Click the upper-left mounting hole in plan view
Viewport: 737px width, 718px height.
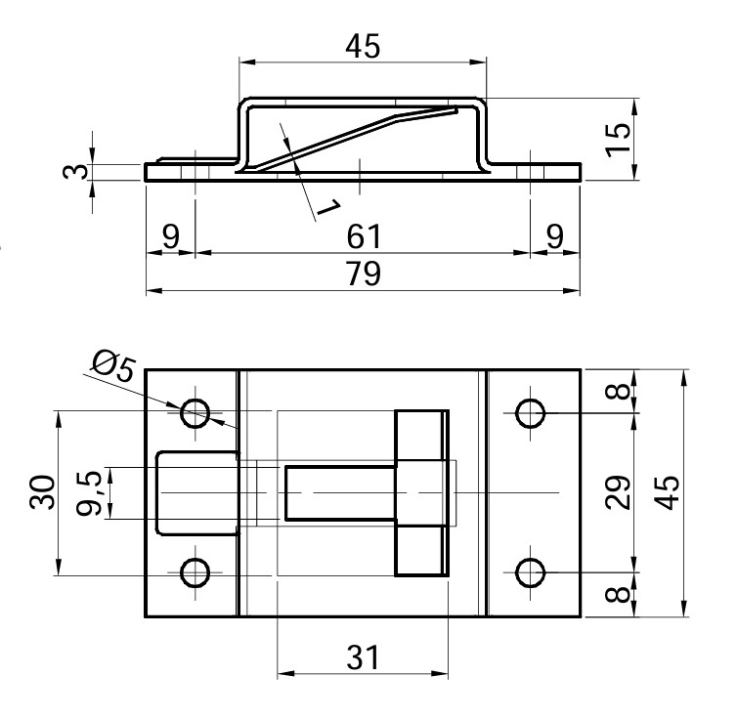tap(195, 412)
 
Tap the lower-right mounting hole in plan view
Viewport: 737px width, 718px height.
tap(531, 572)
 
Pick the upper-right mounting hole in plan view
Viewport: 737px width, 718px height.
tap(531, 412)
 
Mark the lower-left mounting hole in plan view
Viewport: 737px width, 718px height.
tap(195, 572)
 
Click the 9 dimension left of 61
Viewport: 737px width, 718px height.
tap(170, 236)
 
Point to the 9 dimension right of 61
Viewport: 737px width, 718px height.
tap(555, 236)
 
